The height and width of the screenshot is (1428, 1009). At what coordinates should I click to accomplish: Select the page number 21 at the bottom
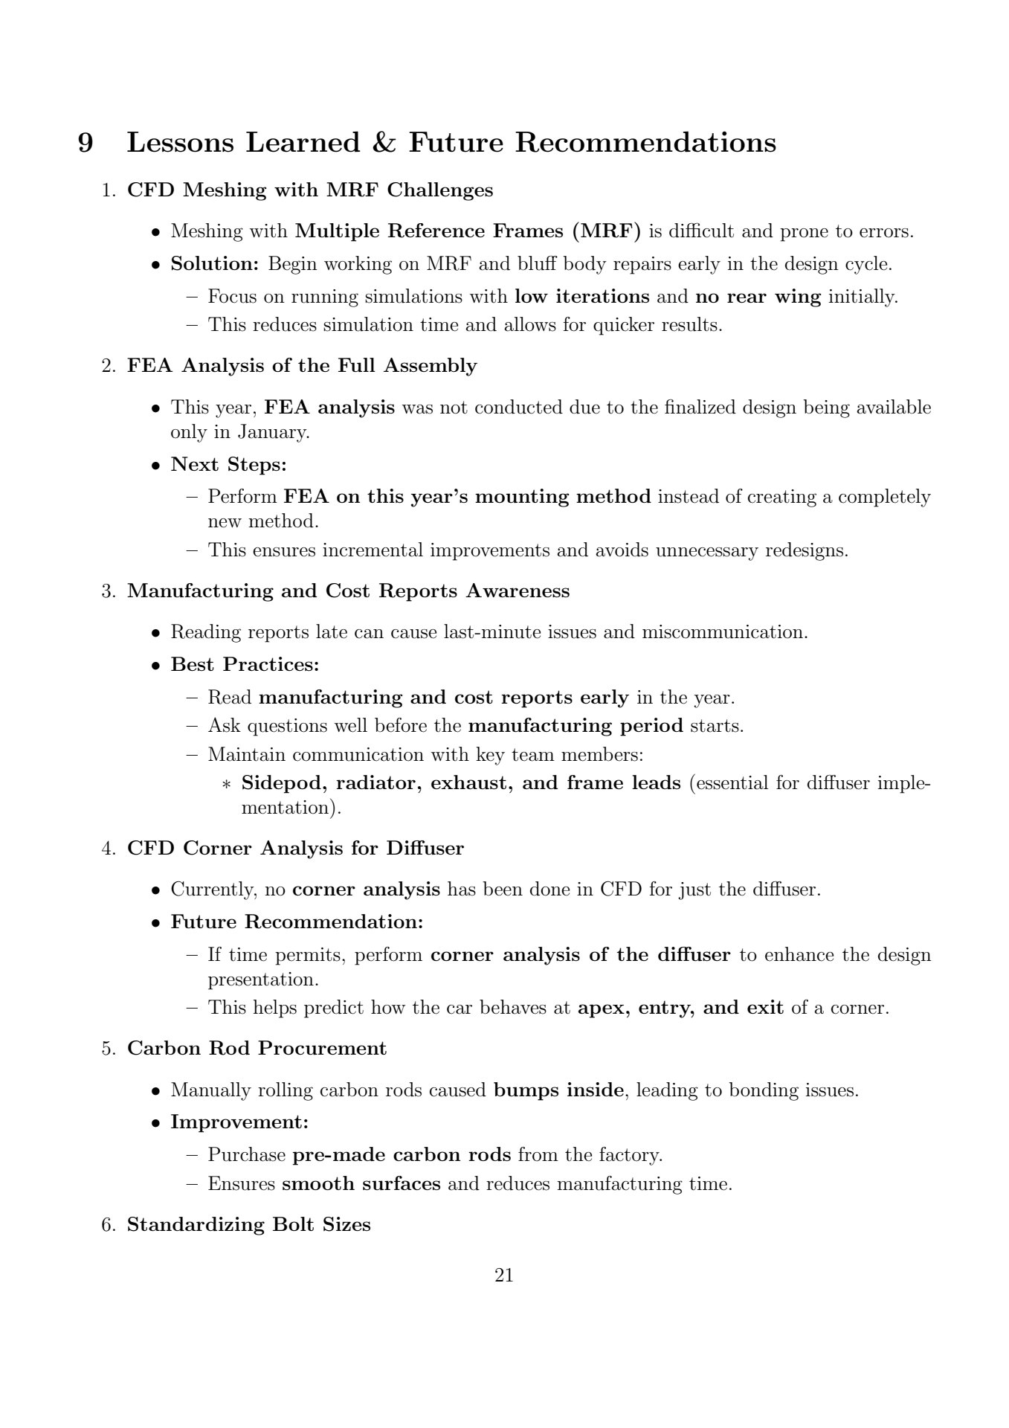click(x=504, y=1276)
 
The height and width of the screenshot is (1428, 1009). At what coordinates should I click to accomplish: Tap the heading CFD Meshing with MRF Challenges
click(x=310, y=190)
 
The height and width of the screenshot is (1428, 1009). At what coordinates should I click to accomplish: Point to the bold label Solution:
click(x=216, y=264)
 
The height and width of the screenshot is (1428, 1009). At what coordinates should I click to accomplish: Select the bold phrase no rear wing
click(x=758, y=297)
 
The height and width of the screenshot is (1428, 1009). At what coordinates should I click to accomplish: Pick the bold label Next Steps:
click(x=229, y=465)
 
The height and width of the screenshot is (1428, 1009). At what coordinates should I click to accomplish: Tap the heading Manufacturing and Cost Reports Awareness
click(x=348, y=591)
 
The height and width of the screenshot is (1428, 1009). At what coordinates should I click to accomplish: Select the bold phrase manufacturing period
click(x=576, y=725)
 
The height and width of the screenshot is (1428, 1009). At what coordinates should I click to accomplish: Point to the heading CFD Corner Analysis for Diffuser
click(x=295, y=849)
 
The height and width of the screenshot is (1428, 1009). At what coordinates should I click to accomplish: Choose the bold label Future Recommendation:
click(x=297, y=922)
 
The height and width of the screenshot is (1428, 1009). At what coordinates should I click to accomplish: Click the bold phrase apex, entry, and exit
click(x=680, y=1009)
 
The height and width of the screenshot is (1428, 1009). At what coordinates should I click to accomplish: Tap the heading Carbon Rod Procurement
click(x=257, y=1049)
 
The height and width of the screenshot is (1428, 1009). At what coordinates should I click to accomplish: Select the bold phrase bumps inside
click(x=558, y=1091)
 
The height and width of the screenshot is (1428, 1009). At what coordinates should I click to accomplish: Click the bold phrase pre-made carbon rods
click(x=402, y=1155)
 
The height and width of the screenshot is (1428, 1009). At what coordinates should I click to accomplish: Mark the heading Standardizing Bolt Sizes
click(x=249, y=1225)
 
